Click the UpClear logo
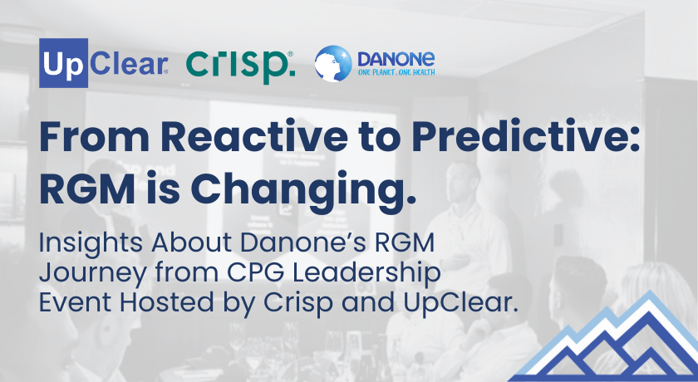pos(104,63)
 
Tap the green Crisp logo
pos(240,66)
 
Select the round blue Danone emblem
pos(333,64)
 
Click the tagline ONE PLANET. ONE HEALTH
pos(396,72)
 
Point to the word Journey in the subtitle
pos(92,274)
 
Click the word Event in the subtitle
pos(76,302)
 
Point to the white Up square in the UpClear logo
pos(64,63)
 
